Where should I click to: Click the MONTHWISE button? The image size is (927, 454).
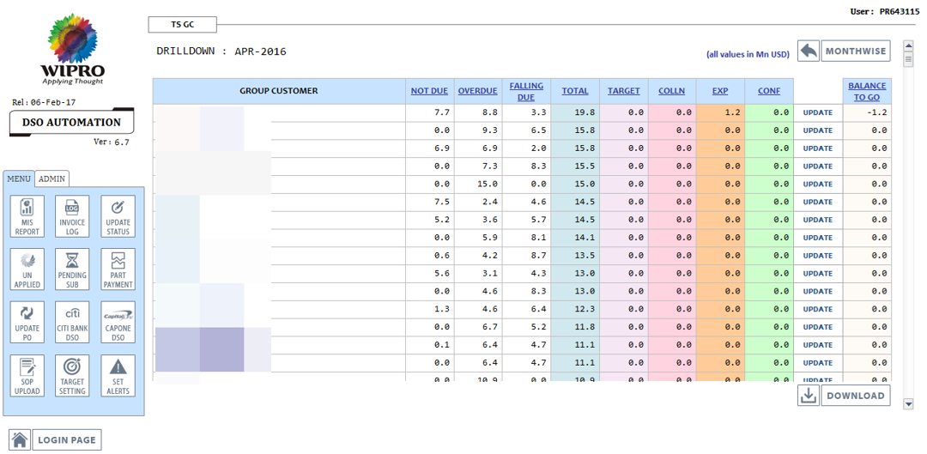[x=855, y=51]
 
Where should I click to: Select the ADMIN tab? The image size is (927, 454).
[x=52, y=179]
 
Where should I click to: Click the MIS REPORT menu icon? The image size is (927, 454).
[x=27, y=215]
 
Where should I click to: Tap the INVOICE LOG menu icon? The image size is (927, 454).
[x=72, y=215]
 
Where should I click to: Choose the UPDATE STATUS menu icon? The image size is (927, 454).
[x=118, y=215]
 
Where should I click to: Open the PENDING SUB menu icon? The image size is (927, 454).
[x=72, y=269]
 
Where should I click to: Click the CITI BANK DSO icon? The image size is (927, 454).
[x=72, y=322]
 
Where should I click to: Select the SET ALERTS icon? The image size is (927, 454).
[x=118, y=375]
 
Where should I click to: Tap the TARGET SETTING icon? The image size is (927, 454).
[x=72, y=375]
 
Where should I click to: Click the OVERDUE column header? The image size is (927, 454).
[x=477, y=91]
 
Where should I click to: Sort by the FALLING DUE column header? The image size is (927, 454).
[x=526, y=91]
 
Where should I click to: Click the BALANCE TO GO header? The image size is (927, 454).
[x=867, y=91]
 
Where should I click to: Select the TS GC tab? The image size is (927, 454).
[x=183, y=25]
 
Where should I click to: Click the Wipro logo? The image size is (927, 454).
[x=73, y=49]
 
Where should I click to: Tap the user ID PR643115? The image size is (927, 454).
[x=899, y=12]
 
